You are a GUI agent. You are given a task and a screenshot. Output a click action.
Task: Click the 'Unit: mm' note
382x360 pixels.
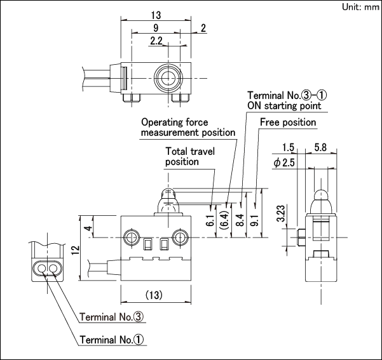click(x=360, y=7)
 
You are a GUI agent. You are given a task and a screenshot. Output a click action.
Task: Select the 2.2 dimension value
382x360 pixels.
click(x=156, y=41)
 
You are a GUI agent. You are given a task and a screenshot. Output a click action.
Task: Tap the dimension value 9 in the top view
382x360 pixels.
click(x=156, y=28)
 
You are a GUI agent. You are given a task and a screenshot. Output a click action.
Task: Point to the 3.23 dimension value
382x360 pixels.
click(x=281, y=213)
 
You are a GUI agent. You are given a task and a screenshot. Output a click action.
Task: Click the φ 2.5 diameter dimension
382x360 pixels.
click(x=284, y=163)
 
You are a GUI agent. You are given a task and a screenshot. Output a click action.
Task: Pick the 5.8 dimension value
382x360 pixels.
click(x=320, y=147)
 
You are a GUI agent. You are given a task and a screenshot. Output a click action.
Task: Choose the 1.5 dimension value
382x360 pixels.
click(x=288, y=147)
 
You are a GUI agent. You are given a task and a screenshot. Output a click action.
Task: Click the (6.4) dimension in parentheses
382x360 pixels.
click(x=224, y=220)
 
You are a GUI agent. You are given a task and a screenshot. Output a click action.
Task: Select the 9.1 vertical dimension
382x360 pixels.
click(x=255, y=220)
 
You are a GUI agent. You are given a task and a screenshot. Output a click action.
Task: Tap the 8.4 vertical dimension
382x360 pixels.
click(x=240, y=220)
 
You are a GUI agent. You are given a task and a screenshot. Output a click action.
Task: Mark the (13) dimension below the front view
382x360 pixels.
click(x=154, y=295)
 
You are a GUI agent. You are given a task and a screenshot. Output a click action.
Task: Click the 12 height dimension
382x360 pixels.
click(x=76, y=250)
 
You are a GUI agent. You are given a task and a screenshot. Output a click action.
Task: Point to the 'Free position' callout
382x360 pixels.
click(x=288, y=122)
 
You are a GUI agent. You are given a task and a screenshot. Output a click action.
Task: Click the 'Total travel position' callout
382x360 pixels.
click(x=190, y=157)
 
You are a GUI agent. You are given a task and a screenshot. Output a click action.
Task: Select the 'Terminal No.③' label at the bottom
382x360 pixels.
click(x=112, y=317)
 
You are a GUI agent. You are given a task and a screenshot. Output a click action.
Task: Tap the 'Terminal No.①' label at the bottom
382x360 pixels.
click(x=112, y=340)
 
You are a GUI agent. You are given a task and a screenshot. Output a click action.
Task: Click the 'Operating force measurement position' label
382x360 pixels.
click(x=188, y=128)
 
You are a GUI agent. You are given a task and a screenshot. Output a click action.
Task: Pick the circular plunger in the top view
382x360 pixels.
click(x=168, y=78)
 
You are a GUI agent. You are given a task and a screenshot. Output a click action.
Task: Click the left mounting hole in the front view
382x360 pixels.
click(x=132, y=237)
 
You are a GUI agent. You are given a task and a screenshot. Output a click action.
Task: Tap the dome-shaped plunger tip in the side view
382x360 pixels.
click(x=321, y=195)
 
